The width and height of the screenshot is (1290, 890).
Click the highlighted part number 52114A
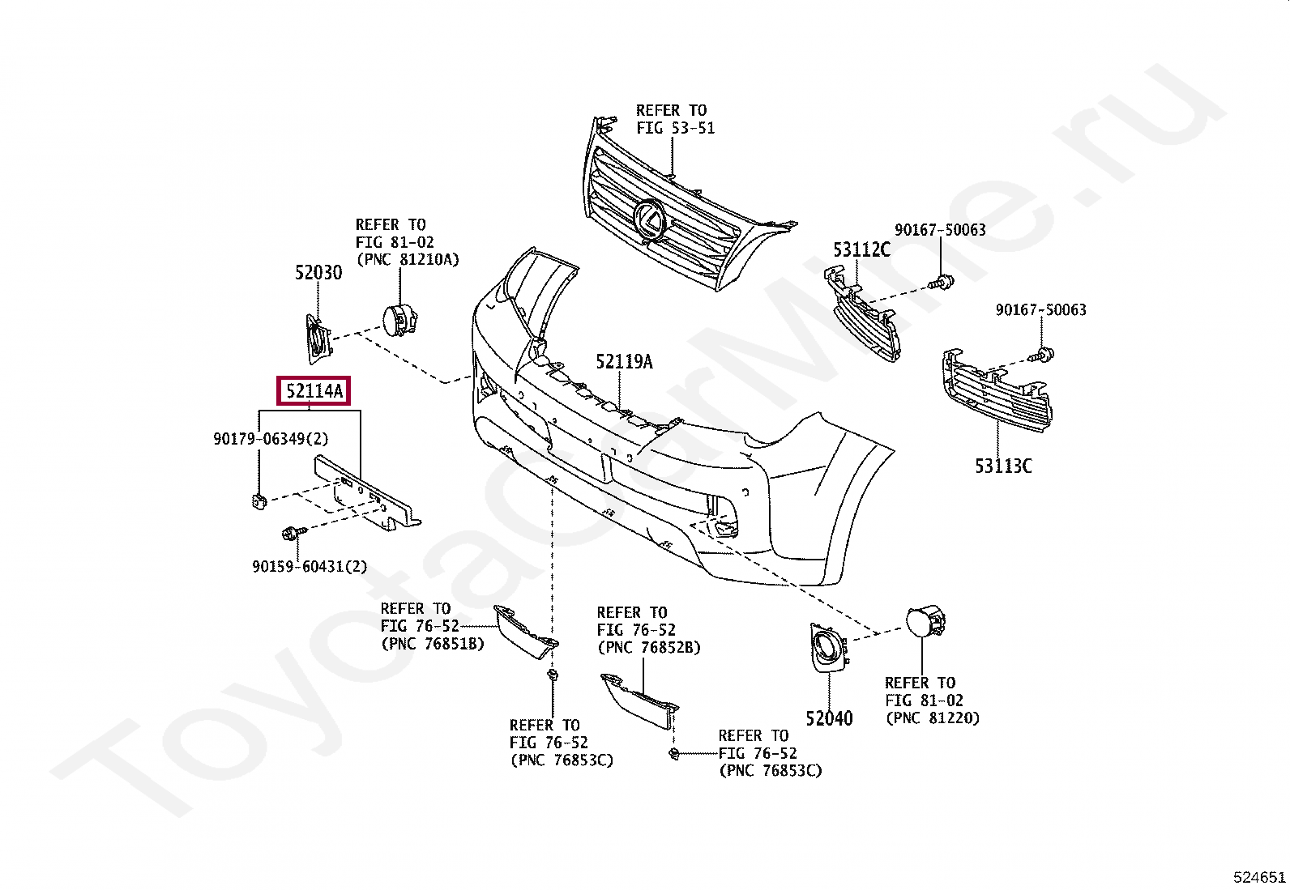click(x=314, y=391)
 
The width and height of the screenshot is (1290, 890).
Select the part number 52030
click(x=318, y=273)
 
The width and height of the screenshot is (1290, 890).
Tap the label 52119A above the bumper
click(x=624, y=362)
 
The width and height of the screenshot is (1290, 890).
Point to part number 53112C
click(x=861, y=249)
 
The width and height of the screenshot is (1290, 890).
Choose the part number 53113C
click(x=1003, y=466)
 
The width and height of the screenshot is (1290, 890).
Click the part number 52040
click(x=829, y=718)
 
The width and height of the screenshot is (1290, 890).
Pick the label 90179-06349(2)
click(x=271, y=439)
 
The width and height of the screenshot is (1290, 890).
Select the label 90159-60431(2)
click(x=310, y=567)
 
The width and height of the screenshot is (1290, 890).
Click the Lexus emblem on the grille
click(x=650, y=219)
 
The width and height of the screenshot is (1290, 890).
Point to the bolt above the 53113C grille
click(x=1043, y=355)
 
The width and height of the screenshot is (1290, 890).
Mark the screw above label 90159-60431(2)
click(x=290, y=534)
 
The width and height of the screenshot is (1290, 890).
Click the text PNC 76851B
click(x=433, y=644)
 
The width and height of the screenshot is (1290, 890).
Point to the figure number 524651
click(x=1259, y=877)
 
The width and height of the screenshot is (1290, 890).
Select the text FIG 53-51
click(x=675, y=128)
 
